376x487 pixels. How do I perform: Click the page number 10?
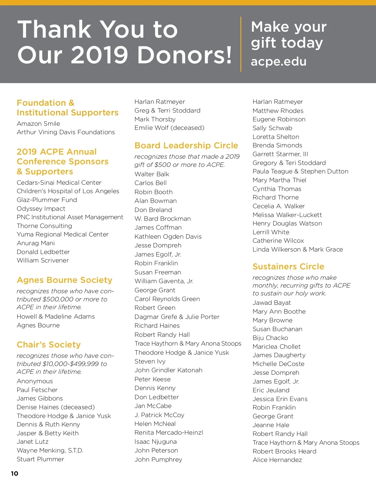tap(14, 474)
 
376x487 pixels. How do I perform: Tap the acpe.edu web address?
tap(279, 61)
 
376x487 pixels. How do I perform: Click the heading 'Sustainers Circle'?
tap(288, 267)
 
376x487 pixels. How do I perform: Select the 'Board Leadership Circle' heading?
tap(186, 146)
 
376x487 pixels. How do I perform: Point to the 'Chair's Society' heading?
tap(49, 345)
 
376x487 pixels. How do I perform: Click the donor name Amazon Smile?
tap(38, 124)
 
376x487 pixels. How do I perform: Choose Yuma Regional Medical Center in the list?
tap(63, 234)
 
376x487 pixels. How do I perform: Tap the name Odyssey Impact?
tap(41, 209)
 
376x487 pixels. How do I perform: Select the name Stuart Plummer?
tap(40, 459)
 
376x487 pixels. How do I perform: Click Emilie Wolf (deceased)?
tap(169, 128)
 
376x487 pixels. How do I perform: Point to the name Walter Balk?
tap(152, 174)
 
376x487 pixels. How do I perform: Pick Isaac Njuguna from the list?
tap(155, 442)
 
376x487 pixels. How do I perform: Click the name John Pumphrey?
tap(158, 459)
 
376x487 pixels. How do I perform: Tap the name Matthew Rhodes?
tap(278, 111)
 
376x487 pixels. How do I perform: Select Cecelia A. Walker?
tap(279, 206)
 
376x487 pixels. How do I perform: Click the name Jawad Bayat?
tap(272, 303)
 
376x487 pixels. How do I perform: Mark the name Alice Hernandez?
tap(277, 460)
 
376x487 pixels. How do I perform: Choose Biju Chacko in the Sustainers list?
tap(270, 338)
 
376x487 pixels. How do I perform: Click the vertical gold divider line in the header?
tap(241, 44)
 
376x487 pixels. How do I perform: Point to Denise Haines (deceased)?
tap(55, 407)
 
